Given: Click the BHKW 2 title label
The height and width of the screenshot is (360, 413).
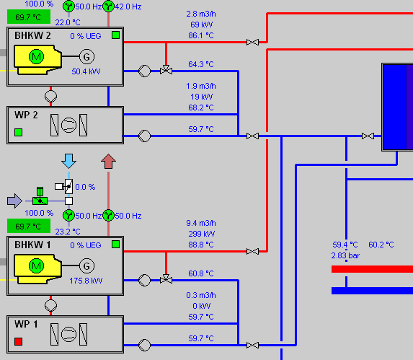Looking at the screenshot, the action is point(32,35).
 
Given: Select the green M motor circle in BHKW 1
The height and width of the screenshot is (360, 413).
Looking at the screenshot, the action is point(36,265).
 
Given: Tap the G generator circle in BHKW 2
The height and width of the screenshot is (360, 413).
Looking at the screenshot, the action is point(86,57).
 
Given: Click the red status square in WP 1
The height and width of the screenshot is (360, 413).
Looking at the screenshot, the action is point(19,341).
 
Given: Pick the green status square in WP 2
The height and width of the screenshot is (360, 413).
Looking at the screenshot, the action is point(19,132).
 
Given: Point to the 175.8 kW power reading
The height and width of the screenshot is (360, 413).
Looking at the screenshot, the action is point(86,281).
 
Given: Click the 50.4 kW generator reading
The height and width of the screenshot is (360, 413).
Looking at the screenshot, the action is point(86,71).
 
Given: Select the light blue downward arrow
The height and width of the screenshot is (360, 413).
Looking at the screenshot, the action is point(68,161).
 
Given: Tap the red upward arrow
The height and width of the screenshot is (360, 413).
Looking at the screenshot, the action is point(109,161).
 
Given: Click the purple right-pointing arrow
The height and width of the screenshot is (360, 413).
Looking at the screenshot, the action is point(14,201).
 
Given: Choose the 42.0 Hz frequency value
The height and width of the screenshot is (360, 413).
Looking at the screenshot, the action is point(128,6).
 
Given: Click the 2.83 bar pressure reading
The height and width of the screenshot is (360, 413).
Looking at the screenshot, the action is point(345,255).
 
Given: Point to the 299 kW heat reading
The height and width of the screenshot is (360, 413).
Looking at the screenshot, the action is point(202,234).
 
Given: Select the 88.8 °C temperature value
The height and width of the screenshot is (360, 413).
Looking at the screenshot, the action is point(201,245).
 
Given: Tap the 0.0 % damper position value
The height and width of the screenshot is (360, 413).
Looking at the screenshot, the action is point(85,187).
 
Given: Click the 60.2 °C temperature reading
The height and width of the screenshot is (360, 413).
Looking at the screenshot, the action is point(381,245).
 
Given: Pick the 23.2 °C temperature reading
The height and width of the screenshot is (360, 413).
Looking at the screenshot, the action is point(68,232).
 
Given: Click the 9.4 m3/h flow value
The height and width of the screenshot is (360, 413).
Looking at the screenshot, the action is point(201,223).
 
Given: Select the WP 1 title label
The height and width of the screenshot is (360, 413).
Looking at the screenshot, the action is point(26,324).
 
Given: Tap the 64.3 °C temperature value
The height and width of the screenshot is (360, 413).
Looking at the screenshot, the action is point(201,64).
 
